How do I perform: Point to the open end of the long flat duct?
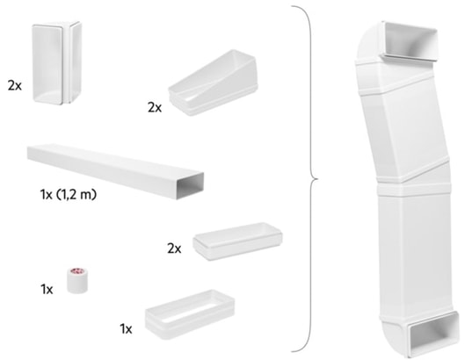192,184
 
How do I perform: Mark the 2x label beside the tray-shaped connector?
173,248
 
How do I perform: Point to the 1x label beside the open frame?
126,328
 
